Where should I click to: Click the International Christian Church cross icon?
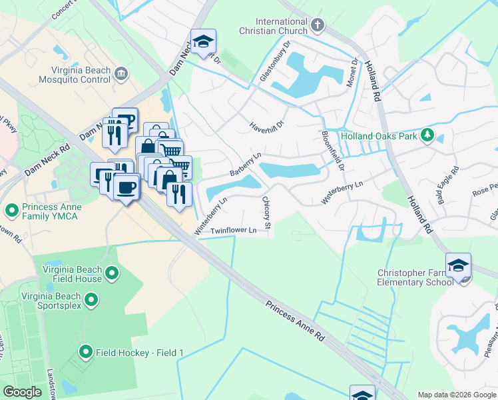[x=318, y=26]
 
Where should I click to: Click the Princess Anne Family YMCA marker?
[x=11, y=211]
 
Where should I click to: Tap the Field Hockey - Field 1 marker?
[x=85, y=351]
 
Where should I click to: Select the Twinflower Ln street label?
[x=234, y=231]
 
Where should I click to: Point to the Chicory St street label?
[x=266, y=214]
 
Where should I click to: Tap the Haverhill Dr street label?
[x=267, y=124]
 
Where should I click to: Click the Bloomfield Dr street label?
[x=332, y=150]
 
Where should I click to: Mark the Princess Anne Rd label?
[x=295, y=322]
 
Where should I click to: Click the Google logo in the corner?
[x=22, y=392]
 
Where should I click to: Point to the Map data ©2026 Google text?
[x=456, y=395]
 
